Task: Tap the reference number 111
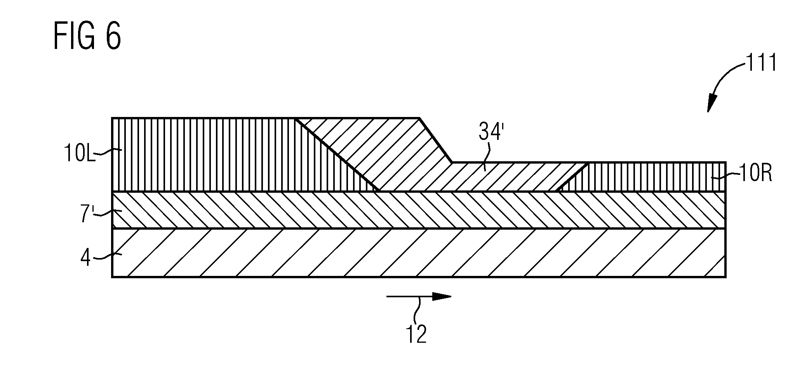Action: pyautogui.click(x=760, y=63)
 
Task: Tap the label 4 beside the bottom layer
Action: pyautogui.click(x=86, y=257)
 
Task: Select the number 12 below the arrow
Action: pyautogui.click(x=416, y=334)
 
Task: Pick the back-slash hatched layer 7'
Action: pyautogui.click(x=419, y=210)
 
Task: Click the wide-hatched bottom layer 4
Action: pyautogui.click(x=419, y=253)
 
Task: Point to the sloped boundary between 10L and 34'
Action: pyautogui.click(x=337, y=154)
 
